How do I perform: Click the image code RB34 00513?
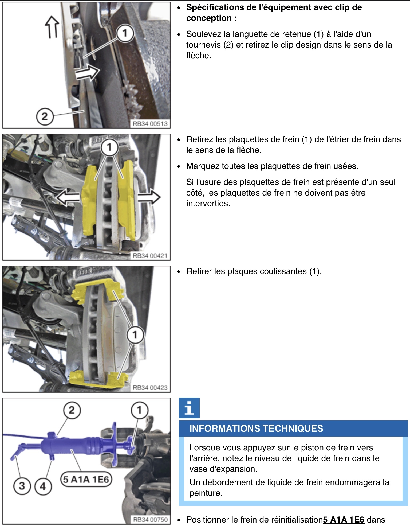pos(150,124)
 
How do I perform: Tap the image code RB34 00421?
pos(150,256)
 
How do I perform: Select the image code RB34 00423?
pos(150,388)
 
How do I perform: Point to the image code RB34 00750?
pos(150,520)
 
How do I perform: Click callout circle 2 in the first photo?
pos(44,116)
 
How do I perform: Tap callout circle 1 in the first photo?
pos(125,33)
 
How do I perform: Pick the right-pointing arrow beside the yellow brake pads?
pos(149,197)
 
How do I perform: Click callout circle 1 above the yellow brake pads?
pos(109,147)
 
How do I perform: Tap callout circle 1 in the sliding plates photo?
pos(135,334)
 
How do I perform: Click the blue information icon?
pos(189,408)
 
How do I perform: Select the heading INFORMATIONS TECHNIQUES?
pos(256,428)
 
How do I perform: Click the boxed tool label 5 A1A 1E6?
pos(86,479)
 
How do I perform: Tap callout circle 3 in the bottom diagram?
pos(22,485)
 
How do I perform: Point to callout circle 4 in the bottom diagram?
pos(43,486)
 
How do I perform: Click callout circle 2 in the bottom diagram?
pos(72,410)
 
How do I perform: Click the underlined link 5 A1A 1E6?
pos(344,520)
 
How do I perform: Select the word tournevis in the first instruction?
pos(203,45)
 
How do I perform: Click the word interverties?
pos(208,203)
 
